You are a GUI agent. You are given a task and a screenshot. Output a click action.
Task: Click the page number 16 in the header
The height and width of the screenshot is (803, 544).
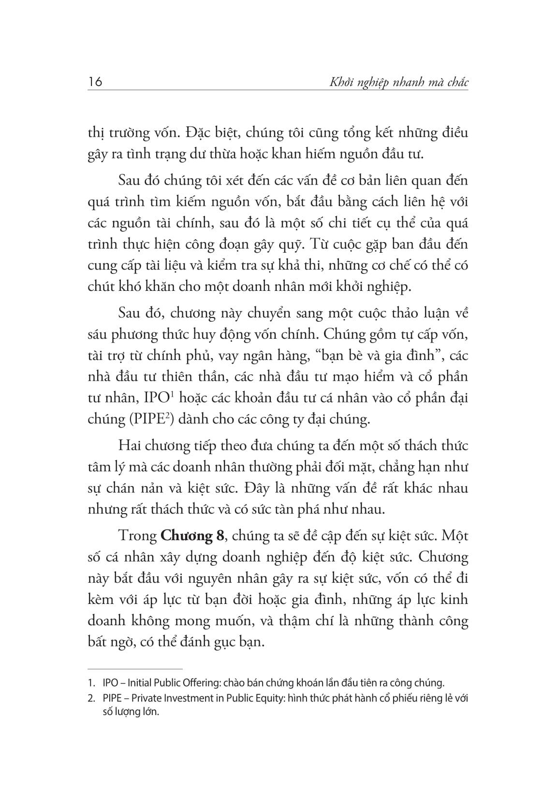[95, 82]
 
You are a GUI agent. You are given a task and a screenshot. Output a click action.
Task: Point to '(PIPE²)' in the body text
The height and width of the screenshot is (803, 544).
[151, 418]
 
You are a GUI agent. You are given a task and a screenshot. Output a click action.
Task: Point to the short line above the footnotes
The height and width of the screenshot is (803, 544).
[135, 669]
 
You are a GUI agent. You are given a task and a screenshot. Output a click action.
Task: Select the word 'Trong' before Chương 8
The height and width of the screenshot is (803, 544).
[137, 536]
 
